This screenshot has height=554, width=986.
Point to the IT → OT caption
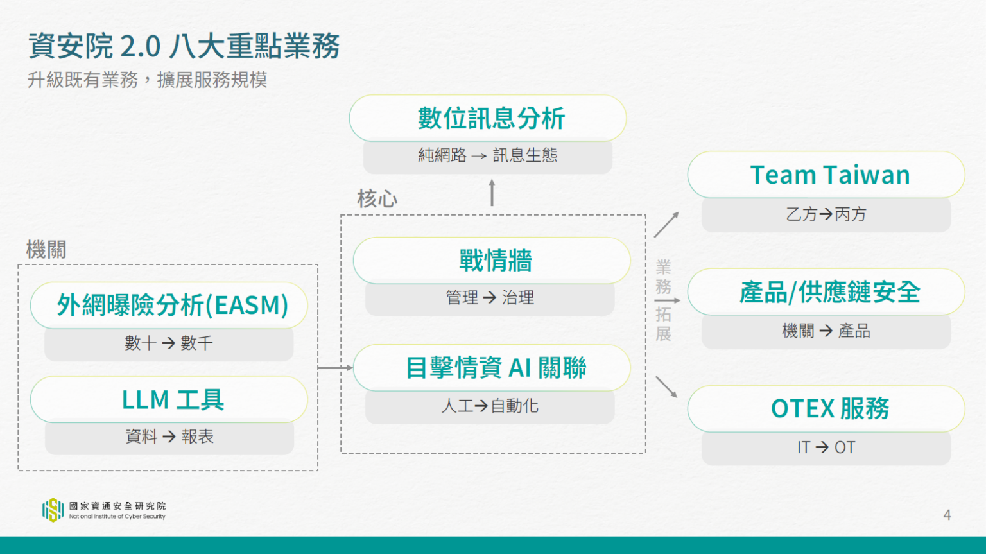tap(826, 447)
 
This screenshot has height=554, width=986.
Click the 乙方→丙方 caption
tap(826, 214)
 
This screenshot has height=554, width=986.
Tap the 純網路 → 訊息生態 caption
tap(488, 155)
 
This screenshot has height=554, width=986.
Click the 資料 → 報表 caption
tap(169, 437)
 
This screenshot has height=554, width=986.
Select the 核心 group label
tap(377, 199)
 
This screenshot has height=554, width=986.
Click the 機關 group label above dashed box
tap(46, 249)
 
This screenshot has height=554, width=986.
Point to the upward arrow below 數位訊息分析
tap(492, 193)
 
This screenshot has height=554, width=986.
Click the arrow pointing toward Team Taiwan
tap(666, 225)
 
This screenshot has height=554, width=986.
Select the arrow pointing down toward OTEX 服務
tap(666, 386)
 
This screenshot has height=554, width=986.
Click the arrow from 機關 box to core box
tap(335, 368)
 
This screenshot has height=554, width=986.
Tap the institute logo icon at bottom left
tap(53, 510)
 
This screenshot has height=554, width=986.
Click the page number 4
tap(947, 515)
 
